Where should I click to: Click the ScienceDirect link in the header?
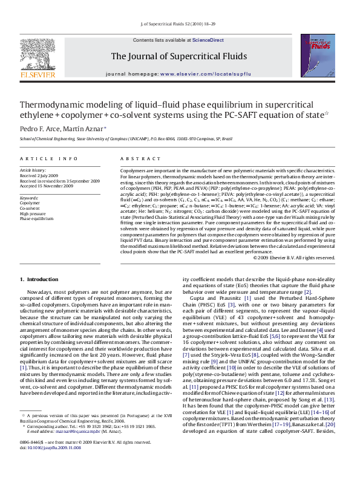tap(208, 40)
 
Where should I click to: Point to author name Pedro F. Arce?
tap(41, 128)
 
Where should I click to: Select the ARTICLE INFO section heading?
tap(49, 158)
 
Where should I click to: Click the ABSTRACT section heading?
tap(134, 158)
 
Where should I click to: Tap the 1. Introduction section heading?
tap(39, 279)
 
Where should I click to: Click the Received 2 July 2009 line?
tap(42, 175)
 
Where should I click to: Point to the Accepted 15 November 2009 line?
tap(47, 186)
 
